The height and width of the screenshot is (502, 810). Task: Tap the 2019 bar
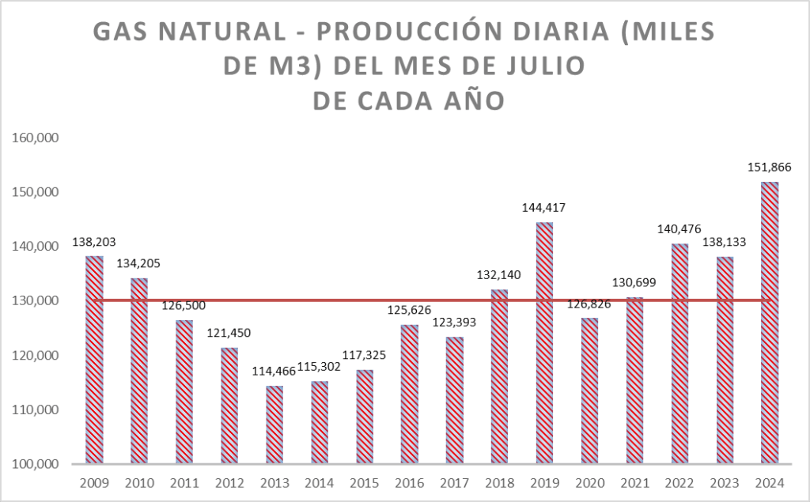point(544,343)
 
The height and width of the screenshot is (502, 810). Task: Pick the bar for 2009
point(94,360)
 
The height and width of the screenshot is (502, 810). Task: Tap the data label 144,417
point(544,208)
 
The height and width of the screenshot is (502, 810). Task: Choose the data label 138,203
point(94,240)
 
